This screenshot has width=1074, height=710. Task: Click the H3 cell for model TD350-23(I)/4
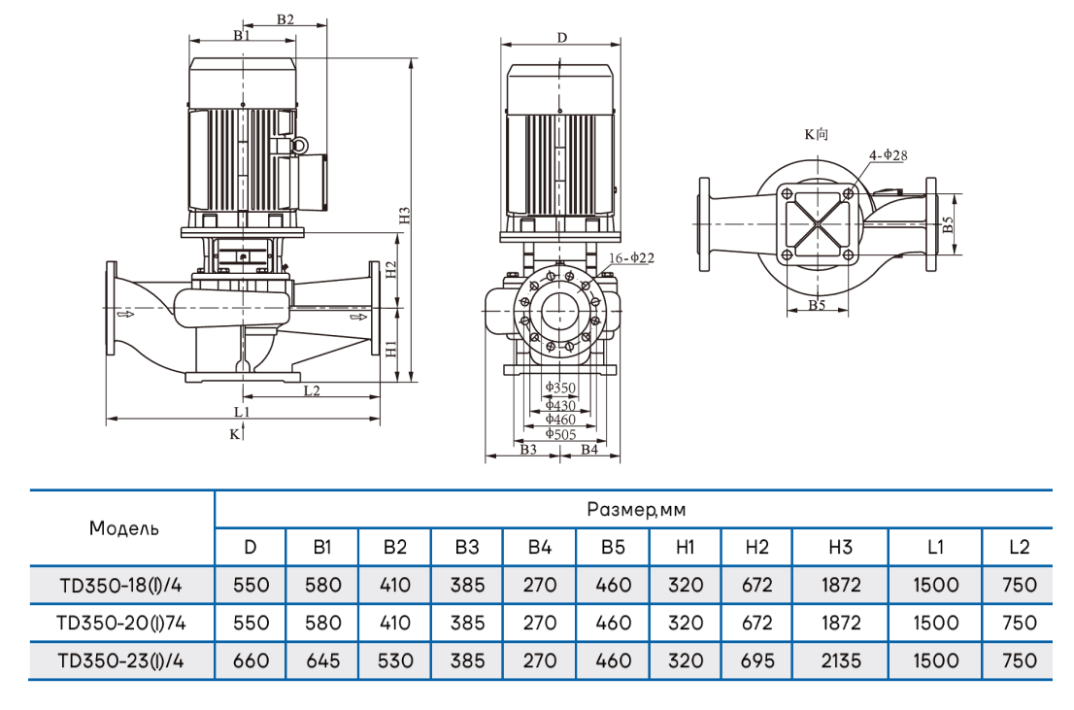[840, 660]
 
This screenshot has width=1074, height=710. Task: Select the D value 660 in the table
[251, 660]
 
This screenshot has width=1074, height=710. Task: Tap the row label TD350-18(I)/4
[121, 586]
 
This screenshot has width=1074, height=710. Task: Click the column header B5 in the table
[613, 547]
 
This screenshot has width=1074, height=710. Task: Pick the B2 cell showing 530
[395, 660]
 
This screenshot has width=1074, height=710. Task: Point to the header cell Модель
[123, 528]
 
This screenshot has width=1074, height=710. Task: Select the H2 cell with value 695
[757, 660]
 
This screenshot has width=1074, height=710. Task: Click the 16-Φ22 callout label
[632, 258]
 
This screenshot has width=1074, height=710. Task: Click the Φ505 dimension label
[560, 433]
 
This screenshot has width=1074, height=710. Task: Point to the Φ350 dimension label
[560, 388]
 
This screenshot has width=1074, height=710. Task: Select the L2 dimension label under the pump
[311, 390]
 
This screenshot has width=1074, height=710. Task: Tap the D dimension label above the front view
[562, 37]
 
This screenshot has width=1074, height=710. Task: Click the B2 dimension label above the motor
[285, 19]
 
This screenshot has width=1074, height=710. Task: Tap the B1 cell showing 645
[322, 660]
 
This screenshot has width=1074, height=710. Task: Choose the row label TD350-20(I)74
[121, 623]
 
